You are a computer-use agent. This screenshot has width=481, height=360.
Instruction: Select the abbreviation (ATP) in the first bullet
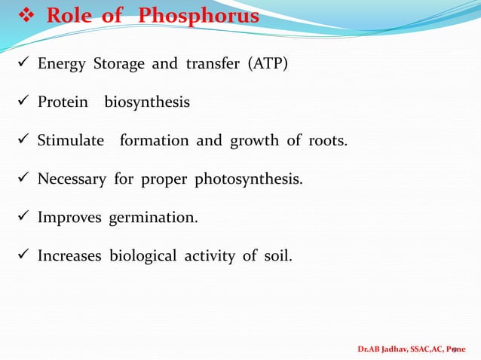[263, 63]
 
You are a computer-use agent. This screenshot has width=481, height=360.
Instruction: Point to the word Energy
[63, 63]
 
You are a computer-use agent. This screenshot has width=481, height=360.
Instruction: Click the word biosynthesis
[147, 102]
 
